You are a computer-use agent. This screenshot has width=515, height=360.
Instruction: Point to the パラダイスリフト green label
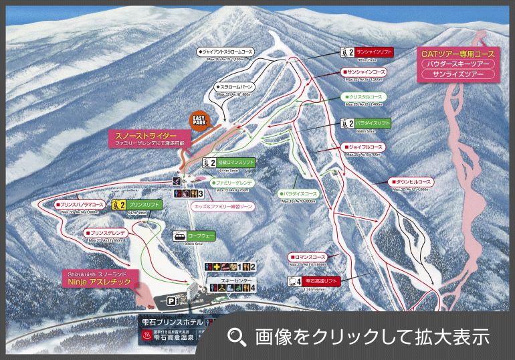point(373,123)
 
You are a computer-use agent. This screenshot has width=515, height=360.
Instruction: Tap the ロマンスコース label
point(309,256)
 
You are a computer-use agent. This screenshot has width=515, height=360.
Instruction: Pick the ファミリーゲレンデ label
point(233,182)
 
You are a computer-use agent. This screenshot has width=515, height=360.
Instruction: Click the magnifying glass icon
point(237,336)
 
